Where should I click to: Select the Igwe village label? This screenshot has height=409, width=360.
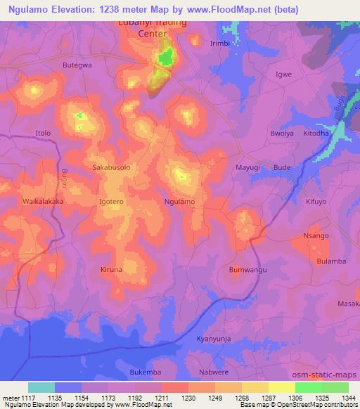coord(283,73)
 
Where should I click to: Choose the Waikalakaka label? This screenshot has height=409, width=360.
coord(44,201)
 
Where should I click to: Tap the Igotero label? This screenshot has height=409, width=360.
coord(112,202)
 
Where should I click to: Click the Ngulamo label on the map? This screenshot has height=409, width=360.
coord(179,202)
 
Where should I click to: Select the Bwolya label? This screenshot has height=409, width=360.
coord(283,133)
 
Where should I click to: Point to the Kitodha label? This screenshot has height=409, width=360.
coord(316,133)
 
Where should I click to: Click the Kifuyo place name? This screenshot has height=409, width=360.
coord(316,202)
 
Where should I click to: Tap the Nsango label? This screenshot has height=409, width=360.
coord(316,235)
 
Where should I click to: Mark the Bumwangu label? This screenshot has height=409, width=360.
coord(247,270)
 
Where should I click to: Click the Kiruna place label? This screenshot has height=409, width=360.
coord(111,270)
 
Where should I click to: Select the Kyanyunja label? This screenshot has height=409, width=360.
coord(214,338)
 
